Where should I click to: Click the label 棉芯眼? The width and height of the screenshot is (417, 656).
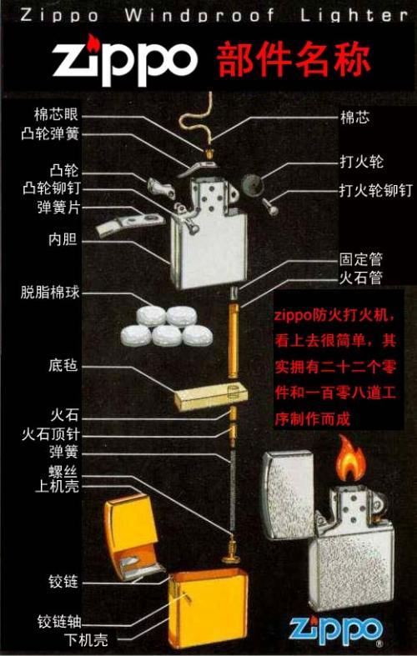[56, 114]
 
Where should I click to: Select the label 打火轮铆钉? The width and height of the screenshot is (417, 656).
[375, 190]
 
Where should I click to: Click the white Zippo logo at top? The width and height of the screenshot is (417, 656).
[125, 58]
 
